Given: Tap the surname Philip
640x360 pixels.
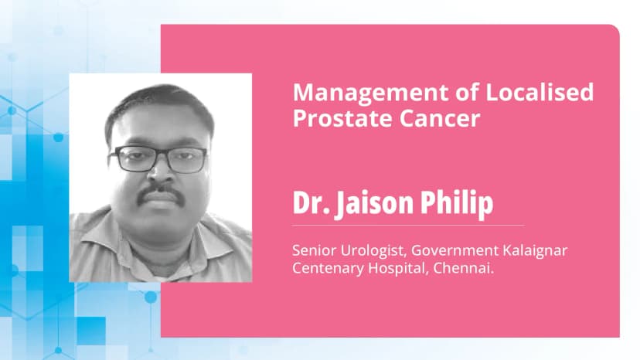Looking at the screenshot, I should click(463, 203).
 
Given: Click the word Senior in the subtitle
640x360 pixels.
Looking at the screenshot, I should click(311, 252).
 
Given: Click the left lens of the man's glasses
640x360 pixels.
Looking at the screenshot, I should click(133, 160).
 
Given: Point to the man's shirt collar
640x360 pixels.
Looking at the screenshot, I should click(116, 232).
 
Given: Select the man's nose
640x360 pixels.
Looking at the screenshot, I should click(160, 172).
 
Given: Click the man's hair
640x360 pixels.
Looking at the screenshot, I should click(158, 104).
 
